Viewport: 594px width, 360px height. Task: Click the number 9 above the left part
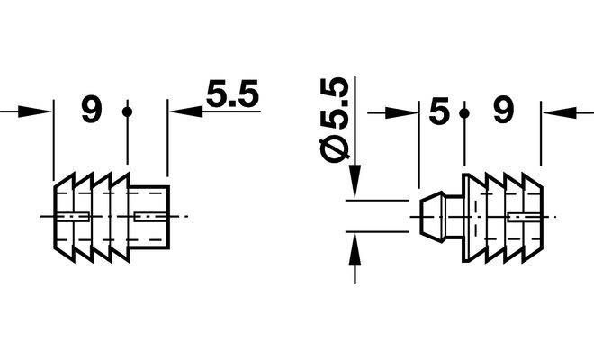92,109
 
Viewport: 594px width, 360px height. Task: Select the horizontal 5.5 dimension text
232,94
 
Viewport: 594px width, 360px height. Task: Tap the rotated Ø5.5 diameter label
334,120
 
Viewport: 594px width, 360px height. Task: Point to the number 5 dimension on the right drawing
438,111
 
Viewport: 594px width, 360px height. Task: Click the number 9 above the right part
503,111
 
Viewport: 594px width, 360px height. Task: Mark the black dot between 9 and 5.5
127,112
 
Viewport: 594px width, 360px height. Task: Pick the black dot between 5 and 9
464,113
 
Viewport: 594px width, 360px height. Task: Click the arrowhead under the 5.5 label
186,112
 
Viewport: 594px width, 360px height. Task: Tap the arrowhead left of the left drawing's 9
34,112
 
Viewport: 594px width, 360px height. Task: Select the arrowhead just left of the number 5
401,112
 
